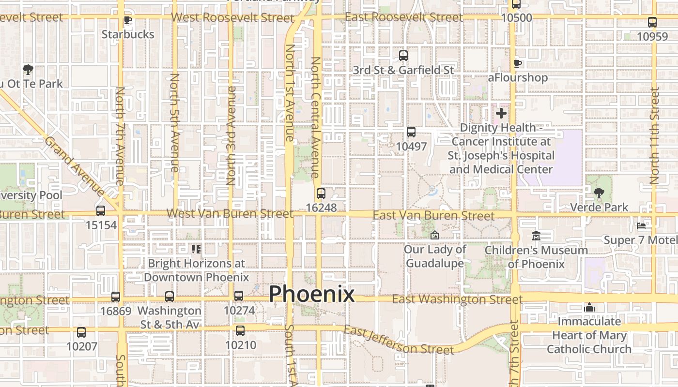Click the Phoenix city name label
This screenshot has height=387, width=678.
[311, 294]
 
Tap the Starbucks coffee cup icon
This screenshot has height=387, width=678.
[128, 20]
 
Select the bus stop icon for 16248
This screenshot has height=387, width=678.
[321, 193]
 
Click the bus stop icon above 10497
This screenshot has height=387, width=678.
[411, 132]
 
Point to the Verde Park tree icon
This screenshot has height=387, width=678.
[599, 193]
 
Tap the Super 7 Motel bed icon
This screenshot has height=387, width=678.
[641, 226]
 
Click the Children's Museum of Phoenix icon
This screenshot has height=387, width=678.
[536, 236]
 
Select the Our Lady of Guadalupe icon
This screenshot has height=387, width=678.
[435, 236]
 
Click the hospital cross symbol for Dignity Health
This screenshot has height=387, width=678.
[501, 114]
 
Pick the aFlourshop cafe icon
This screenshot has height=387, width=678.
[517, 63]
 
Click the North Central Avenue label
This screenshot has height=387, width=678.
[315, 117]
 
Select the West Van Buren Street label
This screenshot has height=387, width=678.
[230, 213]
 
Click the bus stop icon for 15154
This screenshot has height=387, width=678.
[101, 211]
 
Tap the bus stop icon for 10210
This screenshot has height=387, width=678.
[240, 331]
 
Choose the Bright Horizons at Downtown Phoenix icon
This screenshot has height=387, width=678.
[196, 249]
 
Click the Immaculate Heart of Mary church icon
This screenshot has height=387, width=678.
[589, 307]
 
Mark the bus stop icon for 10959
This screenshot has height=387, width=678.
[652, 22]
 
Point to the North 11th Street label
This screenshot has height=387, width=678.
[655, 135]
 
